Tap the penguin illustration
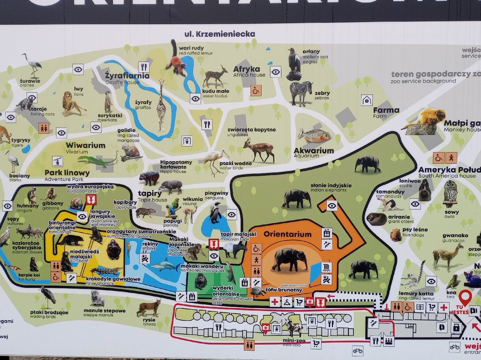216,213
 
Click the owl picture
450,192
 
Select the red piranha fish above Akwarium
314,135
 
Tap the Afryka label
246,69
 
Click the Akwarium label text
314,151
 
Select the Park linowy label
67,172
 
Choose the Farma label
386,110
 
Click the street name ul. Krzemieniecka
220,34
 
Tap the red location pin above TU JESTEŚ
465,296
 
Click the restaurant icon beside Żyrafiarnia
143,67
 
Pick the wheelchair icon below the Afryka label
256,90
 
